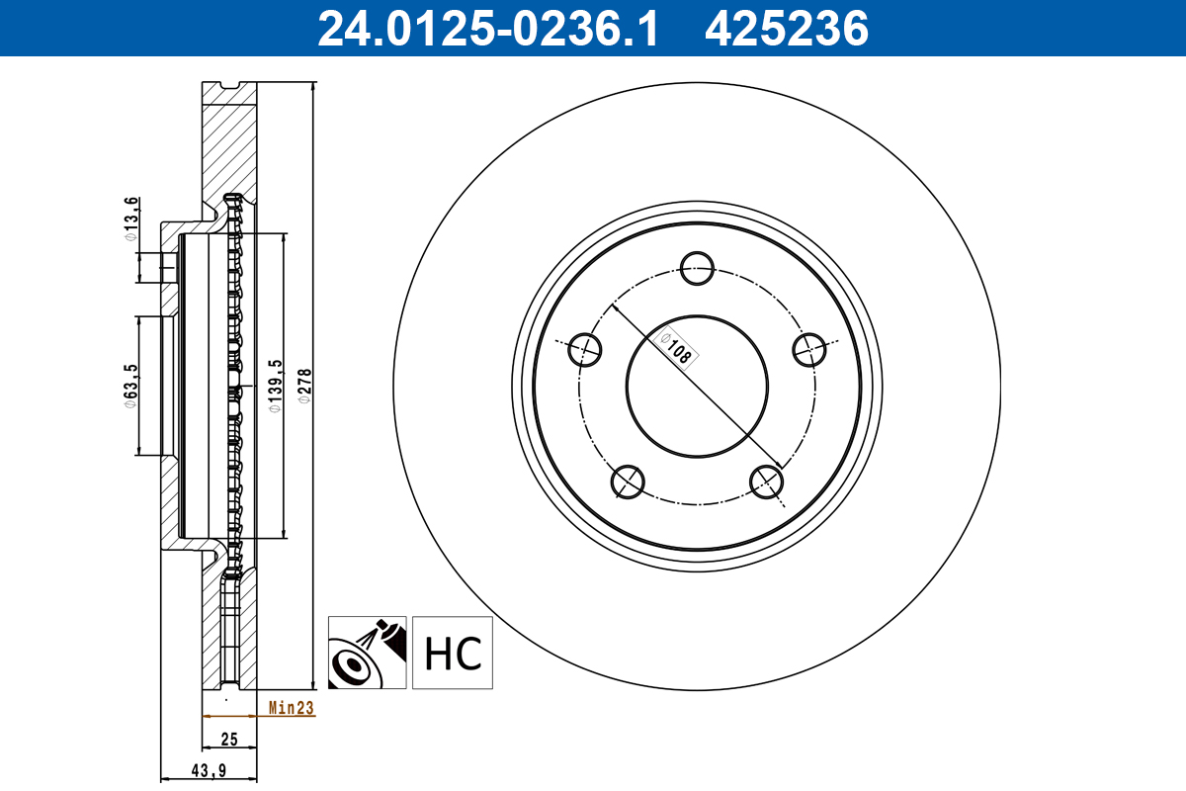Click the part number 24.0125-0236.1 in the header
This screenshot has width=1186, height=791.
486,29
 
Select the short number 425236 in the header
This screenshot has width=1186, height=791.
786,29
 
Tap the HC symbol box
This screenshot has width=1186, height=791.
453,653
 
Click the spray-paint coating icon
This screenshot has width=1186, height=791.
367,653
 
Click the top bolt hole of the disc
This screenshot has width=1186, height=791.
698,267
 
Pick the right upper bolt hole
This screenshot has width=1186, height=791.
809,348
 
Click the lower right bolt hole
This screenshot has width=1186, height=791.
767,481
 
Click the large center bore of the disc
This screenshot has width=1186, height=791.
698,386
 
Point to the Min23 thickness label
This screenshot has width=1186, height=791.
291,708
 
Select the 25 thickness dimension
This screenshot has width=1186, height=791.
229,739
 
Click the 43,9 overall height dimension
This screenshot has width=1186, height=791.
210,771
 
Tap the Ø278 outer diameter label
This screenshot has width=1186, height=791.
305,384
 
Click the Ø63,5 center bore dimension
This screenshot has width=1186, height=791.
128,386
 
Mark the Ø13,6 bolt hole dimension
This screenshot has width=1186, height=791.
128,220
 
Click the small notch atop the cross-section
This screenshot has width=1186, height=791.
229,86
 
